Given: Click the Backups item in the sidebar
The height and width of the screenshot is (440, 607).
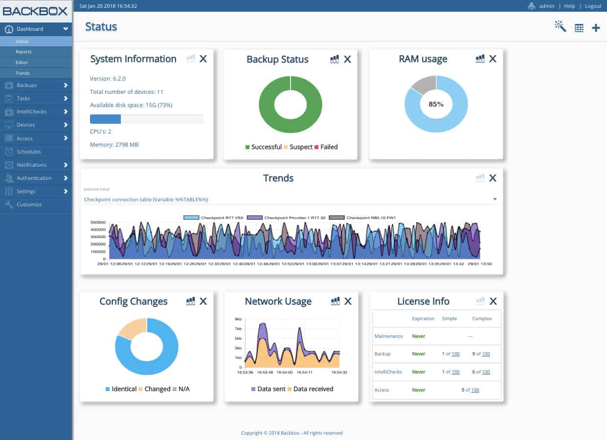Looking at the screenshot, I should coord(26,85).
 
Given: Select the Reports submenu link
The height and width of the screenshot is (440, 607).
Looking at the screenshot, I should coord(23,52).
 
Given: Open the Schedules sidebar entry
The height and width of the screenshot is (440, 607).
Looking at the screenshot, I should coord(28,152).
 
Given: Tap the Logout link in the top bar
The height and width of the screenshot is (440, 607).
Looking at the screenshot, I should coord(593,6).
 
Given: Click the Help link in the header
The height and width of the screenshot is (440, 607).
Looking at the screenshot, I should coord(569,6).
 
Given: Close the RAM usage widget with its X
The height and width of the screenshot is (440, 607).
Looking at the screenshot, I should coord(493,59).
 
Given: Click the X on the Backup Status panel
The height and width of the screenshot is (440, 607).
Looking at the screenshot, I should coord(347,59).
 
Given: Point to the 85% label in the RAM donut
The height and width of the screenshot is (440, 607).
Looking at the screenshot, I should coord(436,104).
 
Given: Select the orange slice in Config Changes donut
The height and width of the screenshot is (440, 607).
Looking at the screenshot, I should coord(131,328).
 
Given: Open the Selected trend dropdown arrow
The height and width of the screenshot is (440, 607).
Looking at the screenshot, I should coord(495,199).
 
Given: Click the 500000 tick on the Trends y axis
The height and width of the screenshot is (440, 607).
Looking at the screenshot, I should coord(98,222).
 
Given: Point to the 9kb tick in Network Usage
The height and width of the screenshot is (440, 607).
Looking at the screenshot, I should coord(238,319).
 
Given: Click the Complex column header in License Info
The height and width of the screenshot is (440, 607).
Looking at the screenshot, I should coord(482,319).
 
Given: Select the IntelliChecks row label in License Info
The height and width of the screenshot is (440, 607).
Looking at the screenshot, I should coord(388,372).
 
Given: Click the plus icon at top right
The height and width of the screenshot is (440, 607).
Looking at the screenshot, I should coord(596,28).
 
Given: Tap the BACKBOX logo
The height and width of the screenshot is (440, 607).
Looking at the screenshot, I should coord(36,11).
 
